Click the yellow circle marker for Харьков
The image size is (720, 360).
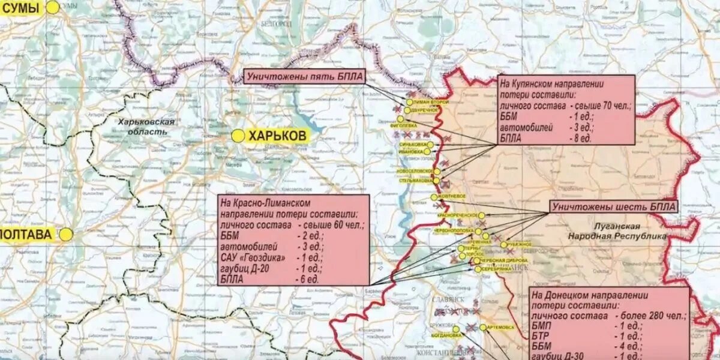[x=238, y=136]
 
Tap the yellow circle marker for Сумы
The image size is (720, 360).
[x=53, y=8]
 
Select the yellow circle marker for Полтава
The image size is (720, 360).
[x=65, y=235]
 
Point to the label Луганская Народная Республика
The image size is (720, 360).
[x=617, y=232]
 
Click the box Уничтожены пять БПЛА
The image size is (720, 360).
[x=304, y=77]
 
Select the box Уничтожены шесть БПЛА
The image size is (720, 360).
[x=613, y=207]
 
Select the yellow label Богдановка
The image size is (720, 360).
[x=447, y=335]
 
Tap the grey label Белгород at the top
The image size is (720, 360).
[x=276, y=23]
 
